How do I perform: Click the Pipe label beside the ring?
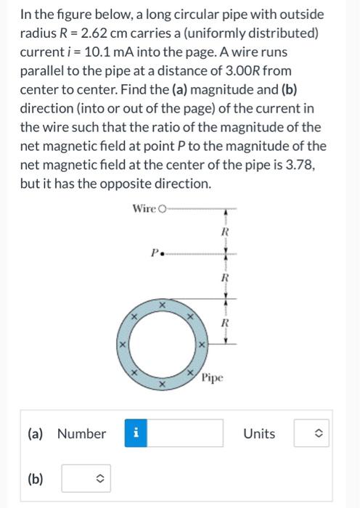[x=213, y=377]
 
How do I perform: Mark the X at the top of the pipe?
[x=163, y=306]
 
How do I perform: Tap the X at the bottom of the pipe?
[x=163, y=382]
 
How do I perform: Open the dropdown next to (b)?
[x=88, y=478]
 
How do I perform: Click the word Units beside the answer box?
[x=259, y=434]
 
